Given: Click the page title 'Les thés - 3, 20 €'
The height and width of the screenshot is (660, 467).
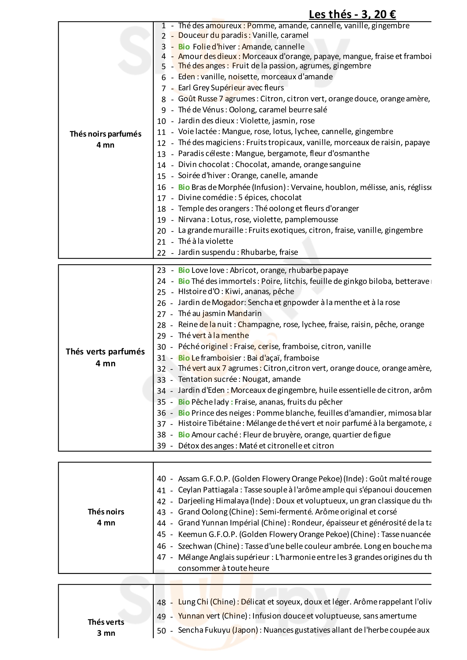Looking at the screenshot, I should (x=352, y=14).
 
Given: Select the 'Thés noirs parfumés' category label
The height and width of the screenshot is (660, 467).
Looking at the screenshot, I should (x=106, y=134).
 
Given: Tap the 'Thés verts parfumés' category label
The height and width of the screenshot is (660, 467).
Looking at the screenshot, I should (x=105, y=352).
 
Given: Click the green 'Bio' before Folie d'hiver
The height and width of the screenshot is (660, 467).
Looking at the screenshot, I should (x=184, y=47).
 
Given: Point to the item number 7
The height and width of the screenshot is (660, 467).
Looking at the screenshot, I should (x=164, y=88).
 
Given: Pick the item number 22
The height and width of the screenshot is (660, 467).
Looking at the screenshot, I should (x=162, y=253).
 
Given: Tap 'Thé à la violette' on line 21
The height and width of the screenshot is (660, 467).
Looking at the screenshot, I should (x=206, y=241).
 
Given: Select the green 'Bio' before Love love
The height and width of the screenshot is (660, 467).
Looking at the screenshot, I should (x=184, y=270).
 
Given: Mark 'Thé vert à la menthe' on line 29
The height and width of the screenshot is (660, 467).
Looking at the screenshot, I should (x=213, y=336).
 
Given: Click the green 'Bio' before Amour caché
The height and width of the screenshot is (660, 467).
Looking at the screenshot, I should (x=184, y=435).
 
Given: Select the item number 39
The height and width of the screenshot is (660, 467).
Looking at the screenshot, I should (x=162, y=446).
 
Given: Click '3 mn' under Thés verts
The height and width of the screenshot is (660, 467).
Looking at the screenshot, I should (x=106, y=633).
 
